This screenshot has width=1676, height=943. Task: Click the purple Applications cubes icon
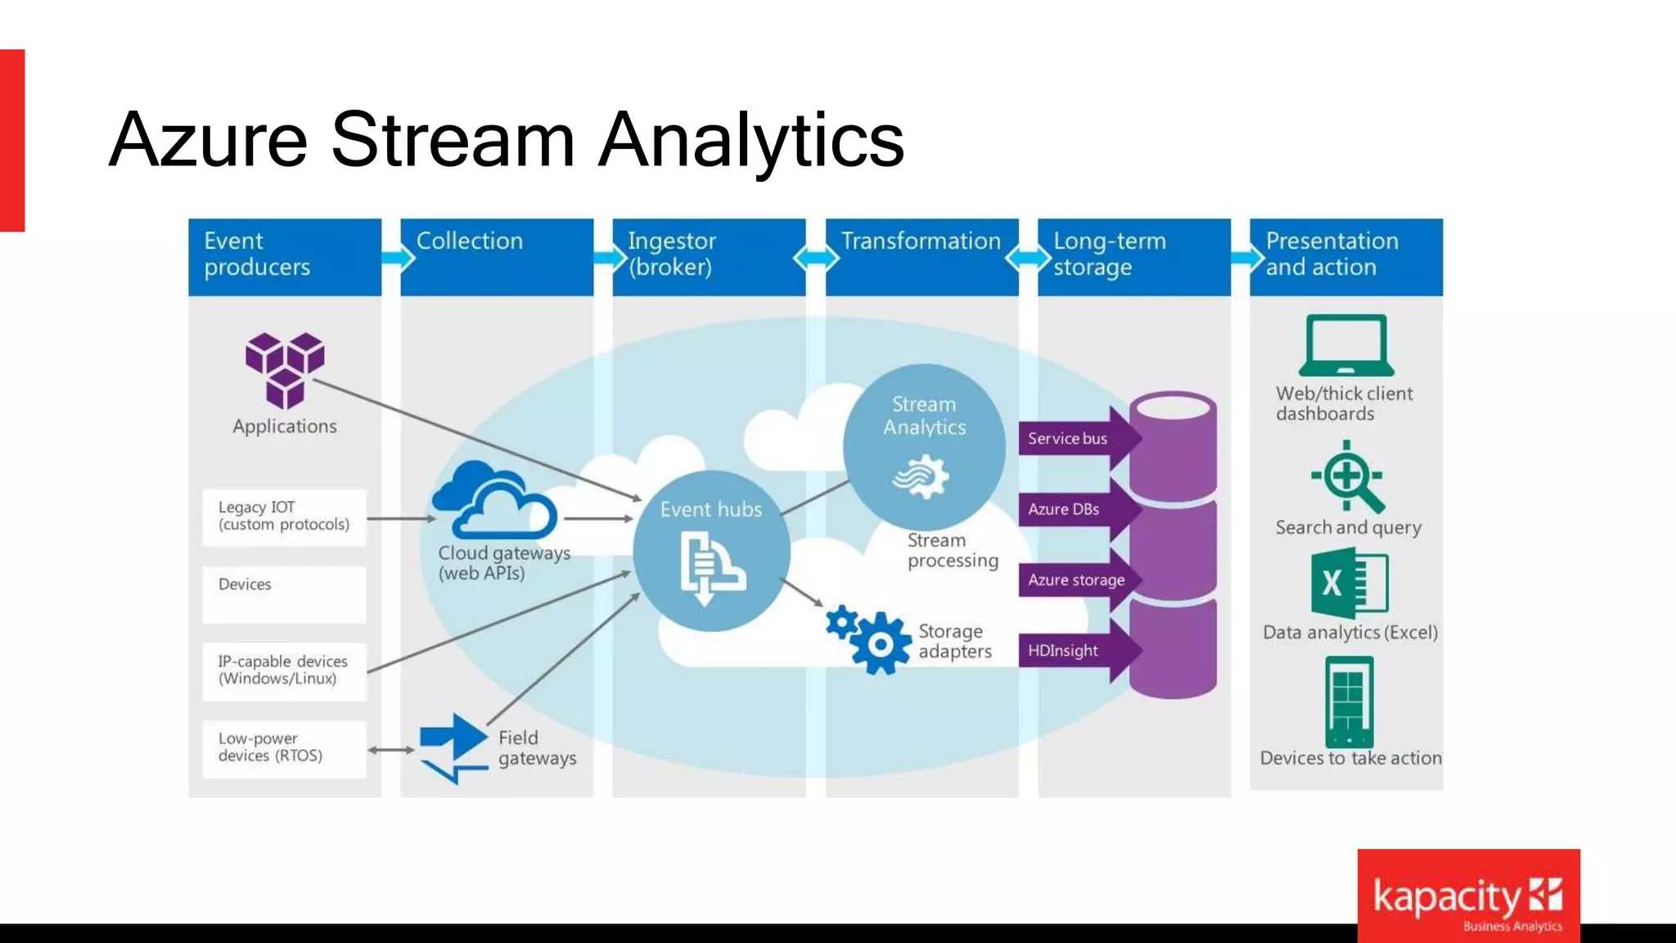(x=285, y=369)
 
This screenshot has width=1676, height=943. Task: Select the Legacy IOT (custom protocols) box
(x=284, y=517)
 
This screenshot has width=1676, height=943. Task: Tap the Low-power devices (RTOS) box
(x=284, y=748)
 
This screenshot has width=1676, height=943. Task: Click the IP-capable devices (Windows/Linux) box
(x=284, y=670)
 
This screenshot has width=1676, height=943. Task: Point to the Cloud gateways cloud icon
(x=495, y=499)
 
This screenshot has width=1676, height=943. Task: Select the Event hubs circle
(x=711, y=550)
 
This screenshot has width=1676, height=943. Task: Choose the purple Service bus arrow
(x=1076, y=439)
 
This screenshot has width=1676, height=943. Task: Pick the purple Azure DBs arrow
(x=1076, y=509)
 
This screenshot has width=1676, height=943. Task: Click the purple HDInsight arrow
(x=1076, y=651)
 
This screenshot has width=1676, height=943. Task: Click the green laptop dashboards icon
(x=1346, y=345)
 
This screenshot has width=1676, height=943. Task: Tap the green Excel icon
(x=1349, y=584)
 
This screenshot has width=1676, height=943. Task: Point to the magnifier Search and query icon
(x=1348, y=476)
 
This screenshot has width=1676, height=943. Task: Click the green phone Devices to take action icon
(x=1349, y=702)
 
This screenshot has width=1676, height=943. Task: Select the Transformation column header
(x=921, y=256)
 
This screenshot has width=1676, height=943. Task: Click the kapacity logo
(x=1468, y=897)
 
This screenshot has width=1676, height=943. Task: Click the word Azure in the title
(x=208, y=140)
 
